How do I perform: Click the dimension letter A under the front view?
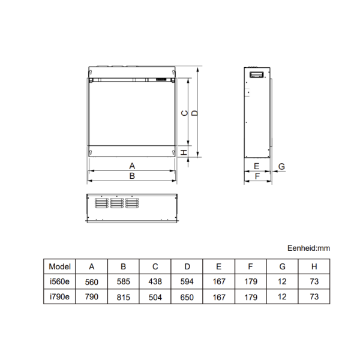pos(132,166)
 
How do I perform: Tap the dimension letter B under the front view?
pos(132,176)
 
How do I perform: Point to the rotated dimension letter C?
pos(185,113)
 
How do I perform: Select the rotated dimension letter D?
pos(194,113)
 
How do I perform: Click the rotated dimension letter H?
pos(184,152)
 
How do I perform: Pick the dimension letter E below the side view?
pos(256,166)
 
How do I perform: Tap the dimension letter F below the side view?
pos(257,176)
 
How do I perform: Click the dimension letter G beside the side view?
pos(281,166)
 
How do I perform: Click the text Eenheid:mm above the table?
pos(308,248)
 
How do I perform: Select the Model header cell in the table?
pos(59,266)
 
